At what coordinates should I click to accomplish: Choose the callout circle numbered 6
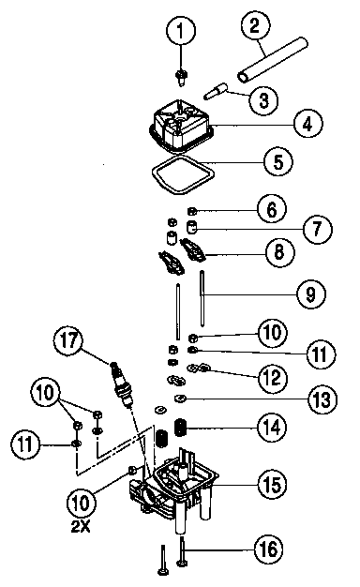[269, 209]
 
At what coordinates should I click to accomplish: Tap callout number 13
[320, 399]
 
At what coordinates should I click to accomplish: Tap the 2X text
[81, 526]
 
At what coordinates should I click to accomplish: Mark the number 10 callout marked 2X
[81, 504]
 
